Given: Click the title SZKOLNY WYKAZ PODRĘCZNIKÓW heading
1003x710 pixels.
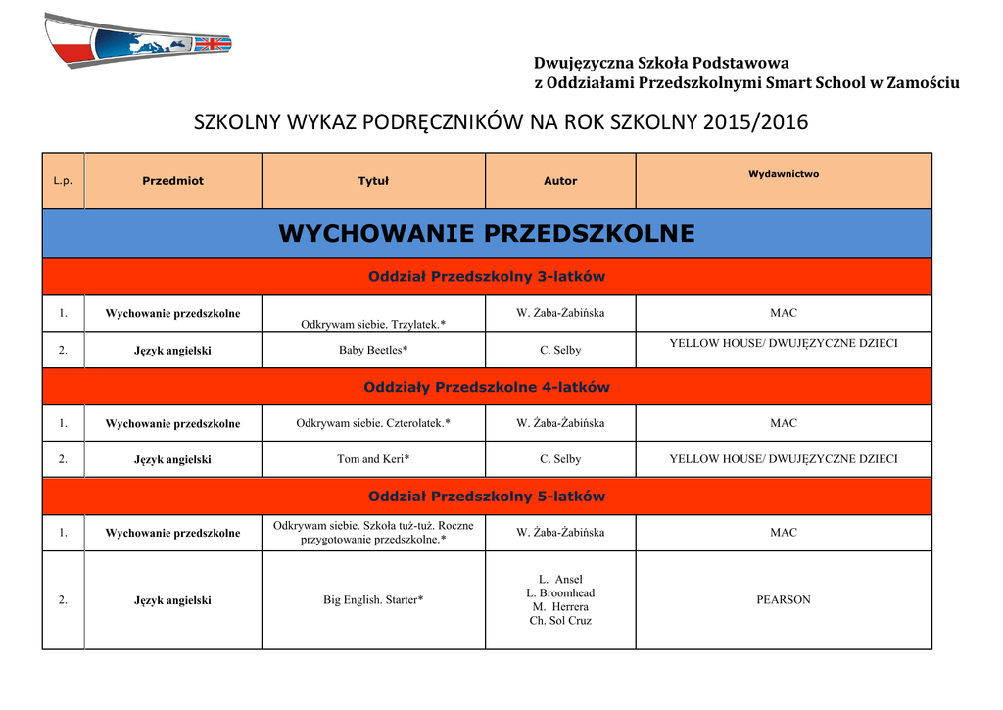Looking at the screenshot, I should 501,122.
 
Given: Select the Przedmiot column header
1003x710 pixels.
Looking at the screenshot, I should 172,181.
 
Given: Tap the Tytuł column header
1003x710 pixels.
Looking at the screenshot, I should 373,181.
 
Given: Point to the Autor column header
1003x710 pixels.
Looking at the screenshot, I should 560,181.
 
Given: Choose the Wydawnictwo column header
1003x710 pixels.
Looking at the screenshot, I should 784,174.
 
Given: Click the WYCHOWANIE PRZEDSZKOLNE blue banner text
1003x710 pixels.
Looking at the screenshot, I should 487,234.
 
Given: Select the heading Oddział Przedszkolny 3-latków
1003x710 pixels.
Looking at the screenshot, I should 487,277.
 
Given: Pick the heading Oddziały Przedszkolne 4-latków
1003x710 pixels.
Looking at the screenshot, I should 487,387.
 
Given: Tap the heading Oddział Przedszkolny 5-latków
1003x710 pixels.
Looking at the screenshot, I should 487,497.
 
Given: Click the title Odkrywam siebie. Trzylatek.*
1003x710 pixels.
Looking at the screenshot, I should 373,324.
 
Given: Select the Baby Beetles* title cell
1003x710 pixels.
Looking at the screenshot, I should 373,350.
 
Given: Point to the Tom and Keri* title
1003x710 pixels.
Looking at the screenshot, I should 373,459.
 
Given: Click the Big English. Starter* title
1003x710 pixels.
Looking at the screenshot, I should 373,599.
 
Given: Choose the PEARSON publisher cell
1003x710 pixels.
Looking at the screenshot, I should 784,599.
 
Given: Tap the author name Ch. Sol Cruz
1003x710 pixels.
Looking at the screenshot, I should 560,621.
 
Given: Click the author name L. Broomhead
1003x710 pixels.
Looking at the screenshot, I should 560,593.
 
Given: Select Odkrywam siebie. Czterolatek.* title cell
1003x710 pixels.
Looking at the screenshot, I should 373,423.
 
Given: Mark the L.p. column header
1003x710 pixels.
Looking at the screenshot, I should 63,181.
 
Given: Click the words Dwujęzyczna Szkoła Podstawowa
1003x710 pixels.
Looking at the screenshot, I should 661,64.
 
